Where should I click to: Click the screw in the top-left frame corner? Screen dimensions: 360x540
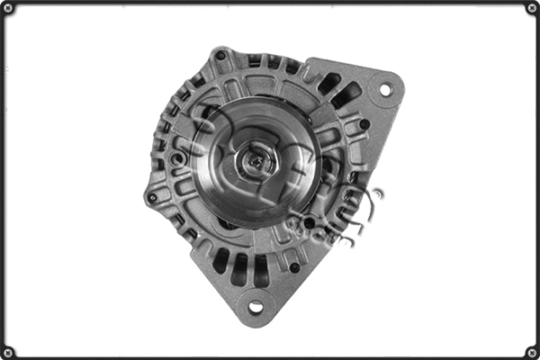click(x=8, y=8)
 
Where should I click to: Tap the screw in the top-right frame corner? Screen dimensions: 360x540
click(x=532, y=8)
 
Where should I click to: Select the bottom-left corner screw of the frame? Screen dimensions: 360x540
click(x=8, y=352)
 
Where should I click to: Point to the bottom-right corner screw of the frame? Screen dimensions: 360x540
click(x=532, y=352)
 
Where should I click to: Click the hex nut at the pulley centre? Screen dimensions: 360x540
click(x=256, y=161)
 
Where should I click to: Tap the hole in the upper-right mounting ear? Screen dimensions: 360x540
click(x=385, y=90)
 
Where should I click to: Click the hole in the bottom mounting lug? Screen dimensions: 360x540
click(x=256, y=307)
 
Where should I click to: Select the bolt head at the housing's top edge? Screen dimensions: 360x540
click(x=220, y=56)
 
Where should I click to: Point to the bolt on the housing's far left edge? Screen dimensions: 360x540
click(x=152, y=195)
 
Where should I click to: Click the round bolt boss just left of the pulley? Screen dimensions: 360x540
click(x=179, y=159)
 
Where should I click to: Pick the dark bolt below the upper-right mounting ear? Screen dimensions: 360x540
click(x=364, y=123)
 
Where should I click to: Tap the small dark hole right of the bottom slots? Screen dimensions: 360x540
click(x=294, y=267)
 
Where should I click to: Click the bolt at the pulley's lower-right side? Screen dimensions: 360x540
click(x=309, y=221)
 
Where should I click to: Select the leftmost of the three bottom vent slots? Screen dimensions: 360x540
click(x=220, y=260)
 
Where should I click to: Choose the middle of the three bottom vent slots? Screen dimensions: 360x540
click(x=240, y=268)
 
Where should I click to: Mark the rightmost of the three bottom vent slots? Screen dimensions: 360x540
click(x=261, y=270)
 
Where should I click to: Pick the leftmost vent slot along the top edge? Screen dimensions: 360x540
click(x=254, y=60)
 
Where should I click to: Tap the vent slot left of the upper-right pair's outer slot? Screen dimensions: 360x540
click(x=329, y=83)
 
